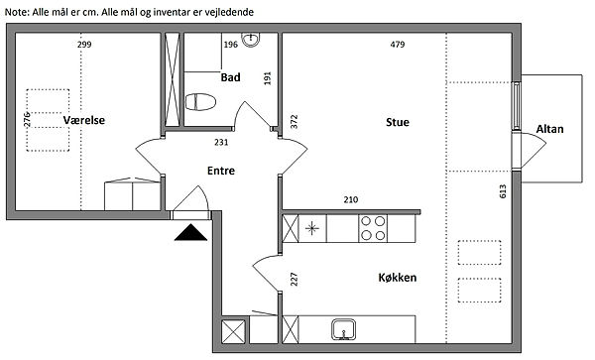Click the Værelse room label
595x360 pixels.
[x=84, y=120]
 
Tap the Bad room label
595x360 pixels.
[x=230, y=77]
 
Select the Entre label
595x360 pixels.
[x=221, y=171]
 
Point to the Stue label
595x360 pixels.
[x=398, y=122]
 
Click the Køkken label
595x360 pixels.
[x=398, y=278]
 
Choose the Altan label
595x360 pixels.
[x=549, y=129]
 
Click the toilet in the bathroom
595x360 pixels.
[x=200, y=102]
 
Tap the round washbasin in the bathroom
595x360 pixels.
[x=251, y=40]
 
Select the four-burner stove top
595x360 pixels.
[x=373, y=228]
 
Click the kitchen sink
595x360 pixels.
[x=343, y=329]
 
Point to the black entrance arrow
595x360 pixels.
[x=190, y=232]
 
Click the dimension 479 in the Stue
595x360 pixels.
[x=398, y=45]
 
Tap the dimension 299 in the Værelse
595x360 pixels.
[x=84, y=45]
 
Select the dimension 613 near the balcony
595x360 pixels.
[x=503, y=191]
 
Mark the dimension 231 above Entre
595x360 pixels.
[x=221, y=142]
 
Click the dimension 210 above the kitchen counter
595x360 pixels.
[x=351, y=199]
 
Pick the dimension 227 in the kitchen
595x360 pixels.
[x=294, y=280]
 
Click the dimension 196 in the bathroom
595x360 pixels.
[x=231, y=45]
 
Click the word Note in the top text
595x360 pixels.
[x=15, y=12]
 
